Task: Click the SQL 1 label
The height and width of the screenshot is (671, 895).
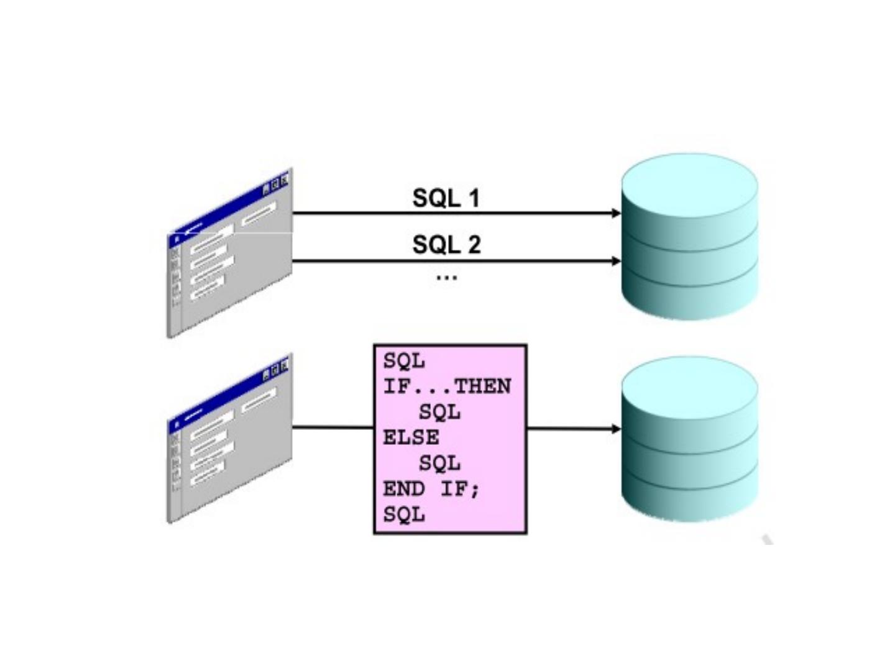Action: [446, 198]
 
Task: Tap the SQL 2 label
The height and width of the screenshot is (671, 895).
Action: [446, 244]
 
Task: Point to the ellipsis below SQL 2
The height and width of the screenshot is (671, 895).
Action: [446, 277]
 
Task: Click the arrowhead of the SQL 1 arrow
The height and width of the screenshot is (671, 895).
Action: [616, 213]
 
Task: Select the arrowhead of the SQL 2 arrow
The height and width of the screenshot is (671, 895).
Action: [616, 261]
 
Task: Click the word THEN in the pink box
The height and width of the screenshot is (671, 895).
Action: [483, 386]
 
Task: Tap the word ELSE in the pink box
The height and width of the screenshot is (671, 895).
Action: [411, 437]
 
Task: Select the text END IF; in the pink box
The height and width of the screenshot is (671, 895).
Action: [431, 489]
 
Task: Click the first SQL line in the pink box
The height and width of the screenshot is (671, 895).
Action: [404, 361]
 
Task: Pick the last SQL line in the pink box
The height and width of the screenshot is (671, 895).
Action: [404, 514]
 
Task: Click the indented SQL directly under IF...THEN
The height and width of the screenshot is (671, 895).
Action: [439, 412]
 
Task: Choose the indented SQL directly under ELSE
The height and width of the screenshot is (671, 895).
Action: [439, 463]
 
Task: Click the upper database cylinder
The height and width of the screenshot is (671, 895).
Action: [690, 236]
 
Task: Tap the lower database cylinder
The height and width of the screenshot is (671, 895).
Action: [690, 439]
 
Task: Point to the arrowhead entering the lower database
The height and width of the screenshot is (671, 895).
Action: [616, 429]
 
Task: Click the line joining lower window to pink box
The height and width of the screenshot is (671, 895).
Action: [333, 427]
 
